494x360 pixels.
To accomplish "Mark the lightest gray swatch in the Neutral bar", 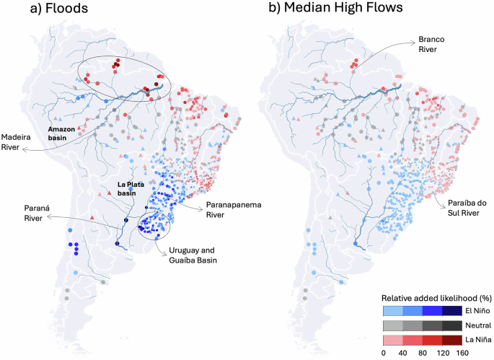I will tap(393, 325).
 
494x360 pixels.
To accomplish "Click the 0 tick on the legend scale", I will tap(384, 353).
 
